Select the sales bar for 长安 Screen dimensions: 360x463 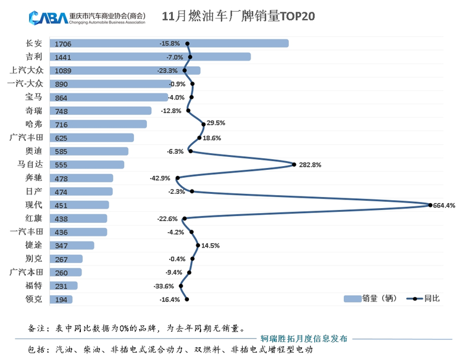coord(170,44)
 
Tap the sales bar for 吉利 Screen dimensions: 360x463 coord(151,57)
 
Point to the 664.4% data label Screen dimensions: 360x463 coord(444,206)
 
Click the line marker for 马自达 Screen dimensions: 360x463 coord(294,164)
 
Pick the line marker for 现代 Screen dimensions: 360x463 coord(430,205)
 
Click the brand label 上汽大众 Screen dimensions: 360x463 coord(27,70)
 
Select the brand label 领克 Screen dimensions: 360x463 coord(34,299)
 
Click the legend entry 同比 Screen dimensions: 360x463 coord(423,299)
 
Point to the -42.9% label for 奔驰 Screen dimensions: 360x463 coord(159,178)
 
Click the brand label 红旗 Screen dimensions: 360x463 coord(34,219)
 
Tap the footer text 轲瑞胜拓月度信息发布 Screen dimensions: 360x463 coord(304,338)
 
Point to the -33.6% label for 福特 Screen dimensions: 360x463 coord(164,287)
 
